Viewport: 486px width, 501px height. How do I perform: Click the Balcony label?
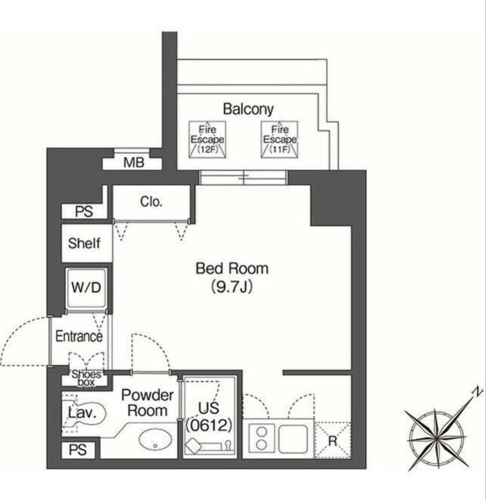[248, 109]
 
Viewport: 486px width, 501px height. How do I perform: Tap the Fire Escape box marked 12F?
[207, 140]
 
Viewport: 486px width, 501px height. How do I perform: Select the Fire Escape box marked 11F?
[279, 140]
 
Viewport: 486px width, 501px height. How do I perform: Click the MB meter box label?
[134, 163]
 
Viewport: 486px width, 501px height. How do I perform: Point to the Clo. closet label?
[151, 201]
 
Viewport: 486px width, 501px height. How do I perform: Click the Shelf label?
[84, 243]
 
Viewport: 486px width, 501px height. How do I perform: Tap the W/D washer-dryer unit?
[86, 287]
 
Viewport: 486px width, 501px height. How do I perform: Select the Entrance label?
[79, 336]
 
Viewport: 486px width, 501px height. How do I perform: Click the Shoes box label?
[87, 378]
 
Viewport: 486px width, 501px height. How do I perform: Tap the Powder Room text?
[147, 403]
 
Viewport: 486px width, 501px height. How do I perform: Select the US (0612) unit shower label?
[209, 416]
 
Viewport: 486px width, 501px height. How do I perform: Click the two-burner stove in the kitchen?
[261, 438]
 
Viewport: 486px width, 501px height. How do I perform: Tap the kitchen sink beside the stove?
[293, 438]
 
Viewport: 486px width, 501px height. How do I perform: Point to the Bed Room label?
[232, 268]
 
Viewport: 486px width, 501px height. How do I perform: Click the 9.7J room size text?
[232, 287]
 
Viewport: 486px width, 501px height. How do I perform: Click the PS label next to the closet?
[84, 211]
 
